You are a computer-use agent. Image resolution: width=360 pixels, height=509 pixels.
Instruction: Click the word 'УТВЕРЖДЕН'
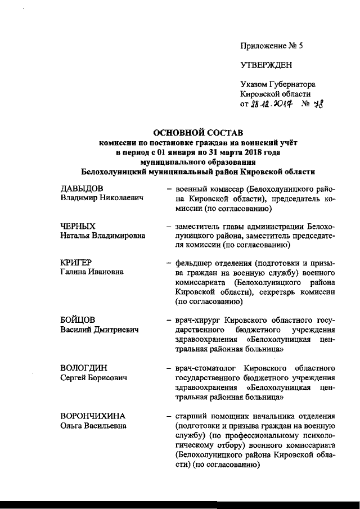coord(266,65)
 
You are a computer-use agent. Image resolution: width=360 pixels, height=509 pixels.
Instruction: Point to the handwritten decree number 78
coord(319,103)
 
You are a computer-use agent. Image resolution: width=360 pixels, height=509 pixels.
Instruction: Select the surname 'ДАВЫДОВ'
coord(82,188)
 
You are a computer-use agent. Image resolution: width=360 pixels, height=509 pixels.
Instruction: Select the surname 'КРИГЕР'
coord(76,263)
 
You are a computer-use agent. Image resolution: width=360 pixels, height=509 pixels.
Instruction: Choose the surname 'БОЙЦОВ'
coord(78,319)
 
